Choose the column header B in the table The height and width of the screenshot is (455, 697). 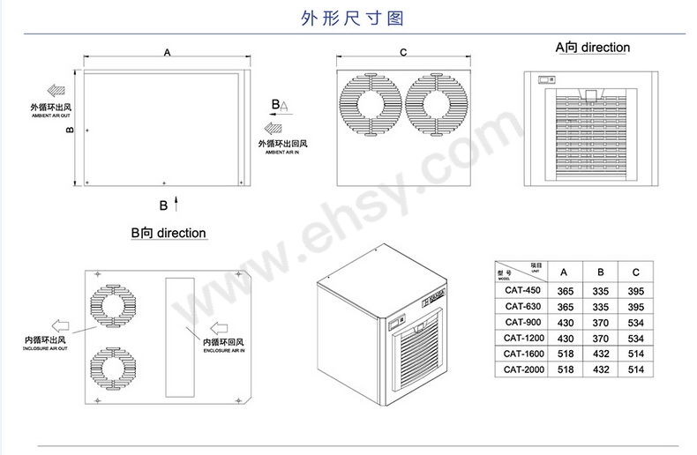600,272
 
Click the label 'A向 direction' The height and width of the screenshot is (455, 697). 592,47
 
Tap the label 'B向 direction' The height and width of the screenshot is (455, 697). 168,234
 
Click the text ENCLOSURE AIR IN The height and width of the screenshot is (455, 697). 224,351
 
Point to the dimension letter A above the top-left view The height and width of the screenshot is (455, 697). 168,53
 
